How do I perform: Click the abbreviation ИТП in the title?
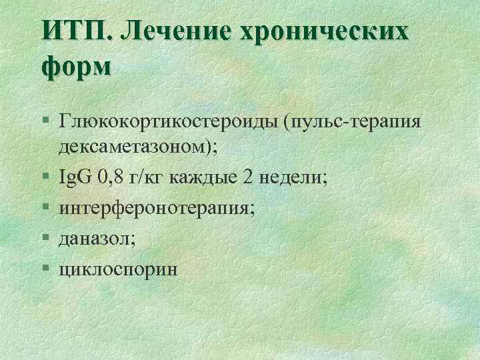(79, 33)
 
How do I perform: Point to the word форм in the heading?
(77, 67)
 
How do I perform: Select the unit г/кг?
(147, 179)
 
